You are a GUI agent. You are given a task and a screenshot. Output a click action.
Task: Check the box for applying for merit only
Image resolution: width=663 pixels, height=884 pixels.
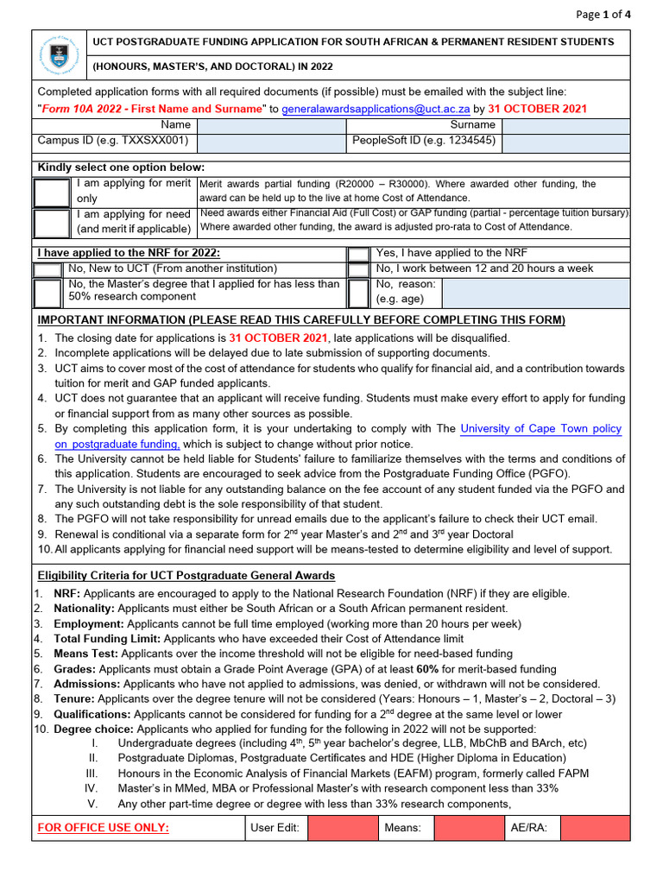point(52,192)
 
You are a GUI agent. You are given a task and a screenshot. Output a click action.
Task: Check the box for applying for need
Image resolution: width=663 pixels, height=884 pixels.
point(52,222)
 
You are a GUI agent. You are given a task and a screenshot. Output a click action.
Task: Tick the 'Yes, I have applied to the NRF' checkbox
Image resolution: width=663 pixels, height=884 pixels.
point(358,254)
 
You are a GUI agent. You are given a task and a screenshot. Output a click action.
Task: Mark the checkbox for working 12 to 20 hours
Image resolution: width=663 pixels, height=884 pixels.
point(358,269)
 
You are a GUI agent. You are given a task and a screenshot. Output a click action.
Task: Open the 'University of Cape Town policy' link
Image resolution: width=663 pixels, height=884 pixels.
point(540,429)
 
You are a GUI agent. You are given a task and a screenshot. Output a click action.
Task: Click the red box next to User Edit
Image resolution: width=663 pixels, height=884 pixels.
point(343,829)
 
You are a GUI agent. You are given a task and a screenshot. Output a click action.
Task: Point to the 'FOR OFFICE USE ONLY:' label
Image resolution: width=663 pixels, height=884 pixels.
point(104,829)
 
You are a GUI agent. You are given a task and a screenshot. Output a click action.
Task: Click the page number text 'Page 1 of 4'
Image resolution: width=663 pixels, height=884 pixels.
point(604,14)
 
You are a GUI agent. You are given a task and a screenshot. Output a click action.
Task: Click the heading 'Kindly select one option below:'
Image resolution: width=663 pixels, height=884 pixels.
point(121,167)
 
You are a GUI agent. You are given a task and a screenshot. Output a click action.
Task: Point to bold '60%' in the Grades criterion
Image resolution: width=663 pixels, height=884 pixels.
point(426,669)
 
